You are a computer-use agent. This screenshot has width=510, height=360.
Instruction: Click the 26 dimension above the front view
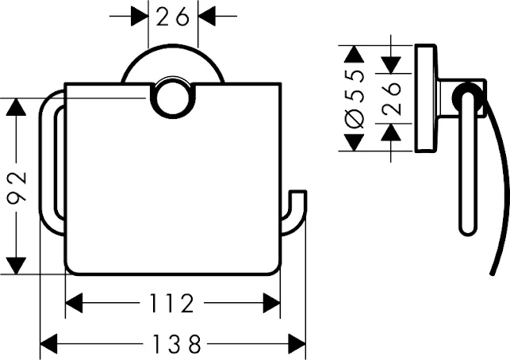[173, 17]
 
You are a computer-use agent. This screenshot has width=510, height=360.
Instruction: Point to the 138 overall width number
[173, 344]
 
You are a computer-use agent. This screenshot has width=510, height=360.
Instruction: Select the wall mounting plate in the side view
[424, 99]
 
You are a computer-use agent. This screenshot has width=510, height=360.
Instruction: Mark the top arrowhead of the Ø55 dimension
[355, 54]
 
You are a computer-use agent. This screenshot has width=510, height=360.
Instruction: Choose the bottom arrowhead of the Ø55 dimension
[355, 144]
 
